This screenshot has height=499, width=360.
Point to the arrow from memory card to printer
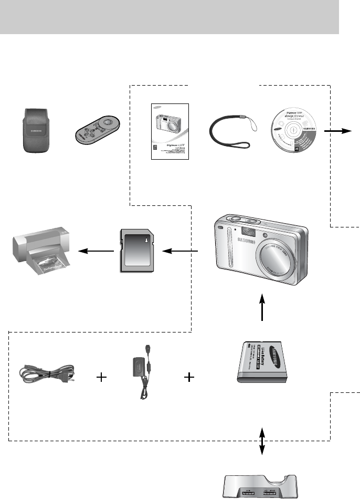(97, 252)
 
